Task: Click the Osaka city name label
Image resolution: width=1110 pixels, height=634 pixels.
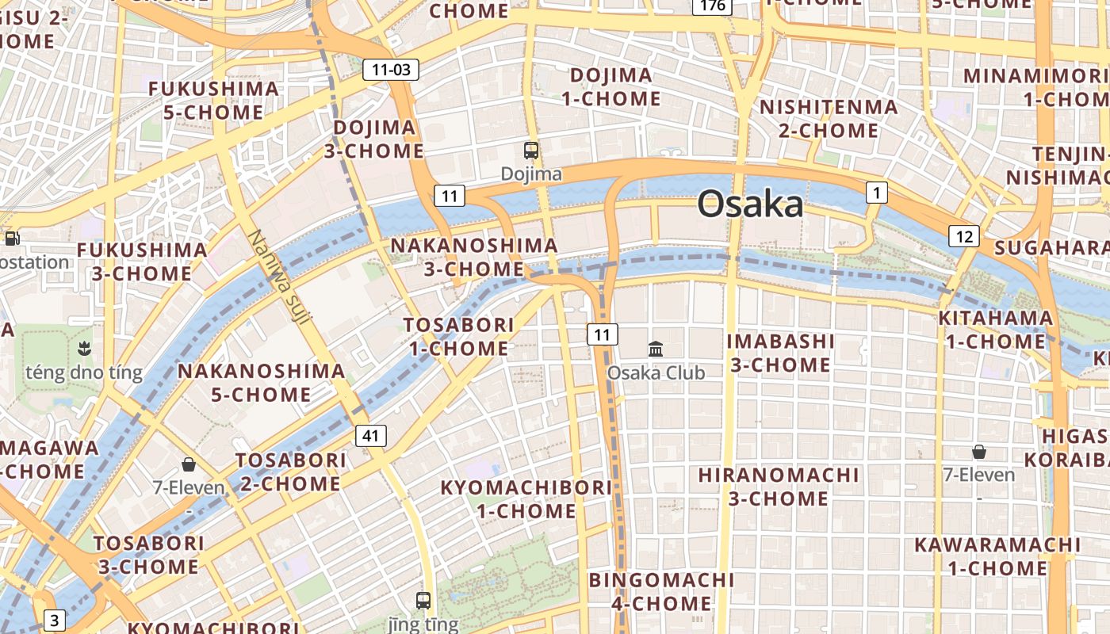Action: (750, 204)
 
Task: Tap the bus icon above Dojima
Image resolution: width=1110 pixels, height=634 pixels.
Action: (531, 150)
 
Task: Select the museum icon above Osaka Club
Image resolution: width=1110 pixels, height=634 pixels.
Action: (656, 349)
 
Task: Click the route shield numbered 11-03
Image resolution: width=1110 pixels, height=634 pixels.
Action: (391, 70)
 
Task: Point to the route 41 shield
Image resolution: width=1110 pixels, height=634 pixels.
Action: (371, 435)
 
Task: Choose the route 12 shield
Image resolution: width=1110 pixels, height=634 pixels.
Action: (964, 236)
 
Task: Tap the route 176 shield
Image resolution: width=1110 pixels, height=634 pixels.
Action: (711, 6)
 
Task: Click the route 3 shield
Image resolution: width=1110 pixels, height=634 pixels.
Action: (54, 620)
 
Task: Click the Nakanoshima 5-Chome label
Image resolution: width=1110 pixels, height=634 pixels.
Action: (261, 382)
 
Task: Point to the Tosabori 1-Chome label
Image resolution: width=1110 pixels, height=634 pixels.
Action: (458, 336)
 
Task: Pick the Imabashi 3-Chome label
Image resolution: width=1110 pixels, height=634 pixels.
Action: (781, 353)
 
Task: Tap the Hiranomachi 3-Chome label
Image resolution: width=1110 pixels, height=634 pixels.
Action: (779, 487)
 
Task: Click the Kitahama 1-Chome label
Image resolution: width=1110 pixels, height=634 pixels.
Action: (995, 330)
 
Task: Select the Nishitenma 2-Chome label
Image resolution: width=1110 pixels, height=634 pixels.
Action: (829, 118)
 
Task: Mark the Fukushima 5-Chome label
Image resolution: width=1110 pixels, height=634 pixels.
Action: (213, 100)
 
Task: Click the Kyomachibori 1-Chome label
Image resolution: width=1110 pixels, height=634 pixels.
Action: (526, 498)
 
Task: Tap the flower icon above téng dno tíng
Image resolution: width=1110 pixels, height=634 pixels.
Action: (83, 348)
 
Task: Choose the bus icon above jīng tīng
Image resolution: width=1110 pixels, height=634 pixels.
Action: (423, 600)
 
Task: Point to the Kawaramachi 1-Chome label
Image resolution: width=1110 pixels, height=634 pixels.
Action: (997, 556)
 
